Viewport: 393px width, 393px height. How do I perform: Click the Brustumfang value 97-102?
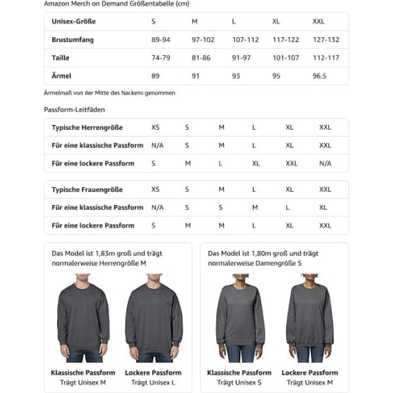pos(203,40)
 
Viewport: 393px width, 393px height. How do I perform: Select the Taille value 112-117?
pos(326,58)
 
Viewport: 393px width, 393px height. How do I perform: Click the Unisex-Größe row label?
pos(73,22)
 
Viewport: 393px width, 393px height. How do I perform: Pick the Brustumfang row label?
pos(73,40)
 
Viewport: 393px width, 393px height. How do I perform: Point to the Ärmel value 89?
pos(155,76)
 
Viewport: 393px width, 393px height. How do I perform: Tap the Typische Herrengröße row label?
pos(87,128)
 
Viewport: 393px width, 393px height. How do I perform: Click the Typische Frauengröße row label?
pos(87,190)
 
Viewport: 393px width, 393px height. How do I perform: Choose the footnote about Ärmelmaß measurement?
pos(109,93)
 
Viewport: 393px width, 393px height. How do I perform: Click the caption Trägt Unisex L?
pos(153,382)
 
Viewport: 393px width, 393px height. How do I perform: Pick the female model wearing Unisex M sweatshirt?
pos(309,318)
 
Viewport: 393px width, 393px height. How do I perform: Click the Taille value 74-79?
pos(160,58)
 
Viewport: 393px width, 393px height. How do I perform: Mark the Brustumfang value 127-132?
pos(326,40)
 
